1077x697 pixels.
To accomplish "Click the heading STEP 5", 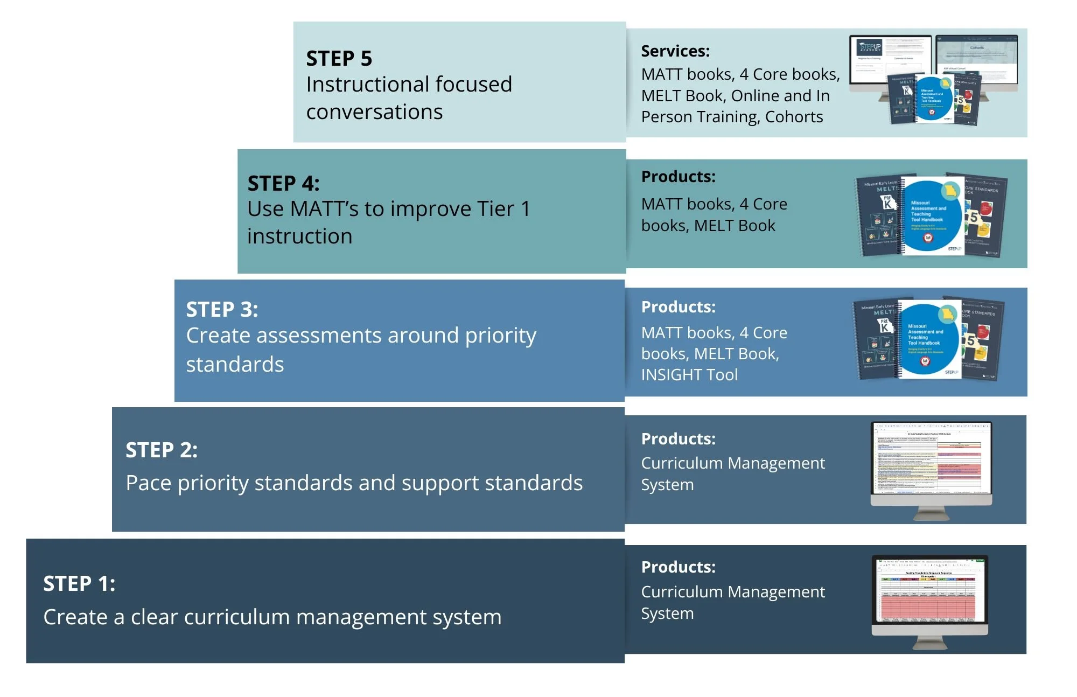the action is point(339,58).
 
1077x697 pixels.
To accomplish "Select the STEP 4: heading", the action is point(283,184).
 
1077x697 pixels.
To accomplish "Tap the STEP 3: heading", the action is point(222,310).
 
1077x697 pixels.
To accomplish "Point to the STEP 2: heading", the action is point(162,450).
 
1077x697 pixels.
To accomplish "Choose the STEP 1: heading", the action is point(79,584).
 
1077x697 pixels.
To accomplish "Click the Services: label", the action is point(675,51).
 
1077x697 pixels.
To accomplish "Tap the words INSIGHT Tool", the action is point(689,375).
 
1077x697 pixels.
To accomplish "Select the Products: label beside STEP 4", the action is point(678,177).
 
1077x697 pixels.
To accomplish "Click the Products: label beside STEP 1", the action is point(678,567).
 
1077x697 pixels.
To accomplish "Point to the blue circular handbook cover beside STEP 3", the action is point(928,339).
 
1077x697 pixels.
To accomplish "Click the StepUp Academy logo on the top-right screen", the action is point(869,47).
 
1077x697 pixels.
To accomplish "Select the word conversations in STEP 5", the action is point(374,112).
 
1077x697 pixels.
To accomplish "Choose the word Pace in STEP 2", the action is point(149,483).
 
